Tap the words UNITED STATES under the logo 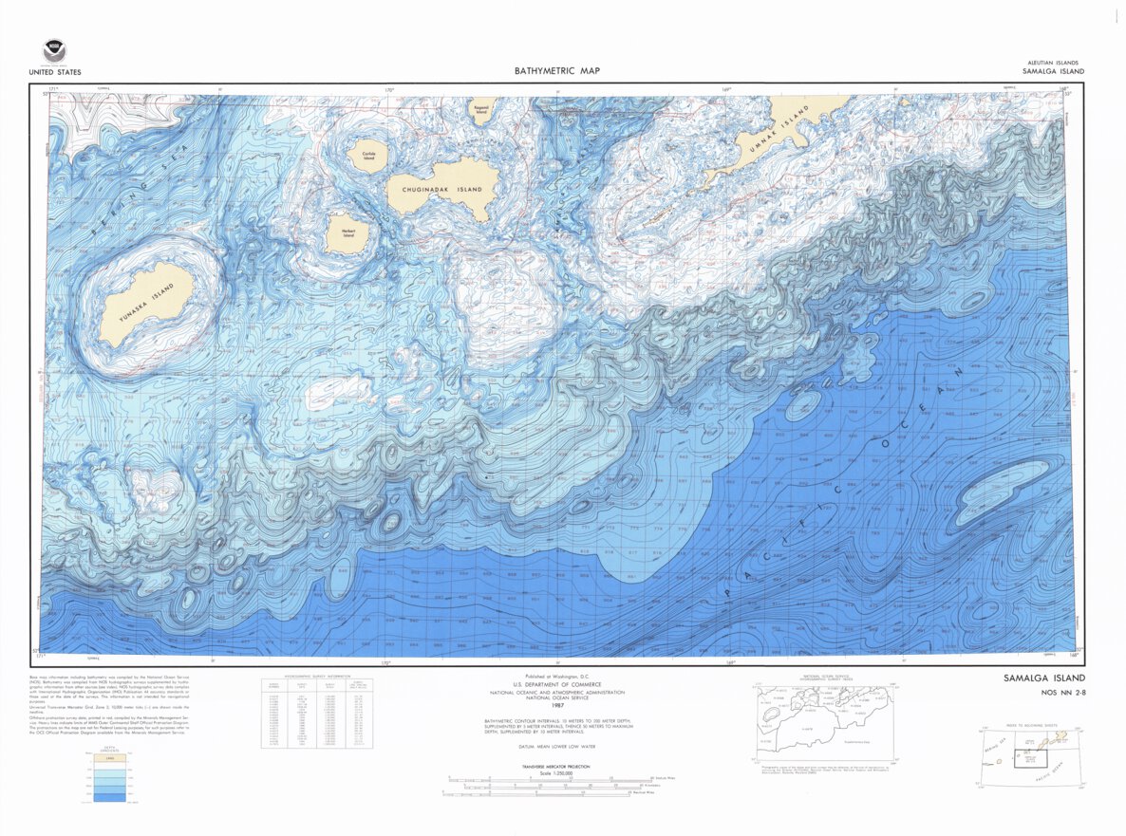[x=54, y=72]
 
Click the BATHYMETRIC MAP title [x=556, y=71]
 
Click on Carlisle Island [x=363, y=156]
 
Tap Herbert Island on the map [x=341, y=232]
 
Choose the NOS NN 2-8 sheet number [x=1046, y=694]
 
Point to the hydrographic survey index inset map [x=824, y=720]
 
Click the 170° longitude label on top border [x=388, y=90]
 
